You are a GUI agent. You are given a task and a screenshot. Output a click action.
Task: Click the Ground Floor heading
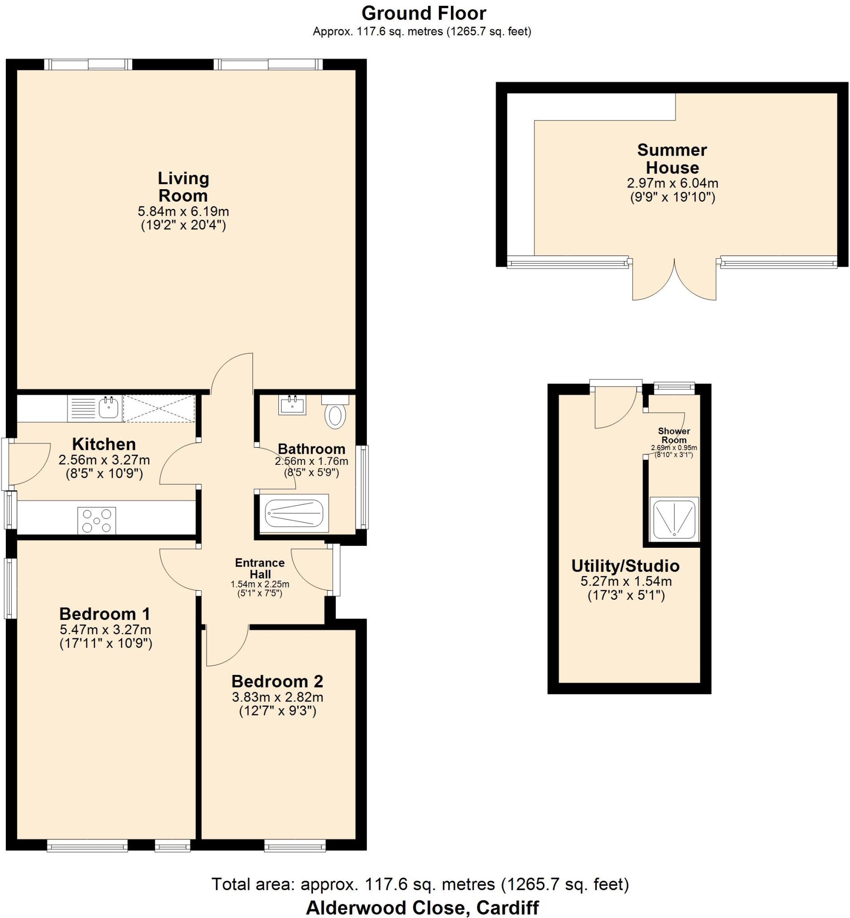click(424, 13)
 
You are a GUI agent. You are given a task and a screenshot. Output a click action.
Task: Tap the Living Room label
click(183, 187)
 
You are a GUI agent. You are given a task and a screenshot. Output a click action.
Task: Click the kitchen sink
click(109, 407)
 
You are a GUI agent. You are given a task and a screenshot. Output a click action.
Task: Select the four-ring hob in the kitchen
click(96, 520)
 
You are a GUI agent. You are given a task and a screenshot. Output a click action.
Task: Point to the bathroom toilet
click(335, 413)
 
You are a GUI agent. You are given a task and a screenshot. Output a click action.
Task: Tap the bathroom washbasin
click(292, 405)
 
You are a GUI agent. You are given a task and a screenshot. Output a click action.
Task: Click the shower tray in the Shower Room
click(674, 519)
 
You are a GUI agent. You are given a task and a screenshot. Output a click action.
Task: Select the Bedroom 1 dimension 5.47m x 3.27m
click(105, 629)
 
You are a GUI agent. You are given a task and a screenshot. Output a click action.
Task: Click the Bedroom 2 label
click(277, 681)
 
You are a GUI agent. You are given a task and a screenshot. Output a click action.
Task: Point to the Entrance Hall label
click(260, 568)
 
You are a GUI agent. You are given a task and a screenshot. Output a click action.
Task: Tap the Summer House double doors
click(674, 281)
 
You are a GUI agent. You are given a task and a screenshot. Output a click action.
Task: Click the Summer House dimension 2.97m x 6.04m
click(672, 183)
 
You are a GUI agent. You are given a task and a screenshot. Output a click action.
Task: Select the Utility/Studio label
click(625, 566)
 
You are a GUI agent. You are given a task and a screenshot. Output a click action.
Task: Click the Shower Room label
click(674, 435)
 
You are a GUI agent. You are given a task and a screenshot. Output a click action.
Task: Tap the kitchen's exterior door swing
click(29, 463)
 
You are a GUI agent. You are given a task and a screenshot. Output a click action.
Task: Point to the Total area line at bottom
click(420, 884)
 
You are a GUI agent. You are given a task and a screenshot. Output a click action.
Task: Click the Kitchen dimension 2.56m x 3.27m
click(104, 459)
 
